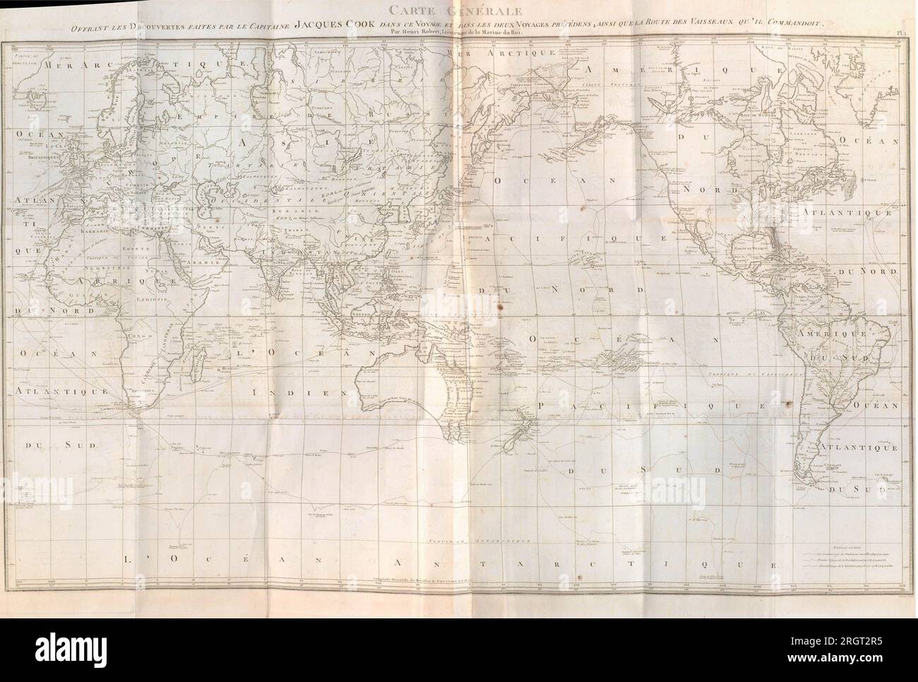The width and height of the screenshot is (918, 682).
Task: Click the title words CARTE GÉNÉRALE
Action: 458,10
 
